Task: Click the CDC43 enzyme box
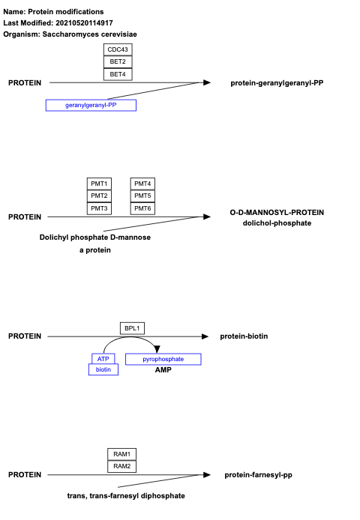(118, 49)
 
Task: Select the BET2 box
(118, 61)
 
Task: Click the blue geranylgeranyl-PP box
(91, 105)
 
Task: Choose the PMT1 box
(99, 184)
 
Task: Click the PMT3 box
(99, 208)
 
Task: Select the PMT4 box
(142, 184)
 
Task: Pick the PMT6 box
(142, 208)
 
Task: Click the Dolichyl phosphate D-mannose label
(95, 238)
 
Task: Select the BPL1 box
(132, 328)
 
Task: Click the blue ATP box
(103, 359)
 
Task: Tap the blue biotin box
(103, 369)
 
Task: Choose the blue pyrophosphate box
(163, 359)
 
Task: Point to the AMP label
(163, 370)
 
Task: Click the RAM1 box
(121, 454)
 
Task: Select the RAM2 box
(121, 466)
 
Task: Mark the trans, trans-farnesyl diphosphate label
(126, 496)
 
